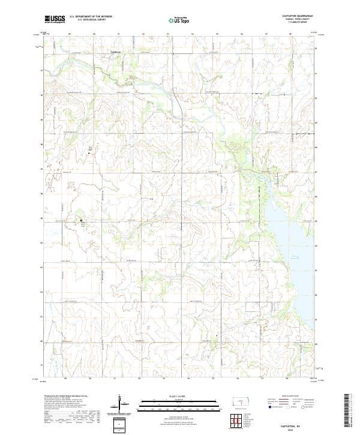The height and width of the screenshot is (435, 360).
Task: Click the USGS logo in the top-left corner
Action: [55, 20]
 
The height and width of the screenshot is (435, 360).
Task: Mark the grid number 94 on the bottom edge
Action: [188, 379]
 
